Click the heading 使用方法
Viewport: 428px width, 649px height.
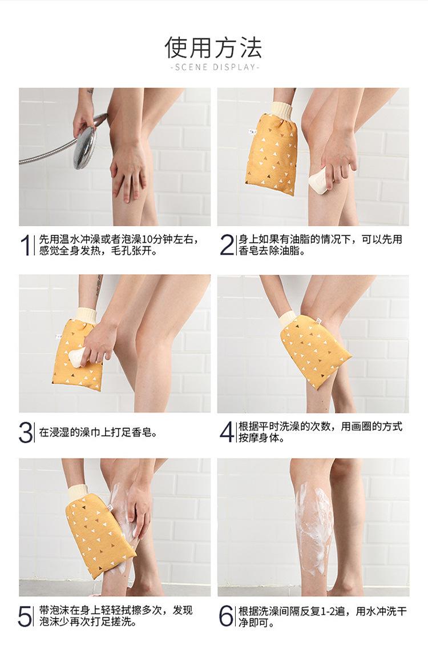(213, 47)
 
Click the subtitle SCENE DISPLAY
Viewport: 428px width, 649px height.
(214, 67)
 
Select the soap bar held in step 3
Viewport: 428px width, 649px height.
(77, 358)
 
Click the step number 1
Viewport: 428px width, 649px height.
(26, 245)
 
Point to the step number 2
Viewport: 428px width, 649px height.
(226, 245)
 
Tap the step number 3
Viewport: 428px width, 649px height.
(26, 433)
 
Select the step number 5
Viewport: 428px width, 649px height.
(25, 616)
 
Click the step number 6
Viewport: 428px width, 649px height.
(226, 616)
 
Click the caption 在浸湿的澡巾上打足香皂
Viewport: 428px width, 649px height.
(98, 433)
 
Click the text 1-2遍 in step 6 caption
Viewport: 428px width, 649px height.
(333, 611)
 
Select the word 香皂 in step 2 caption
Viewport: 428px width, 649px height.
(248, 251)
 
